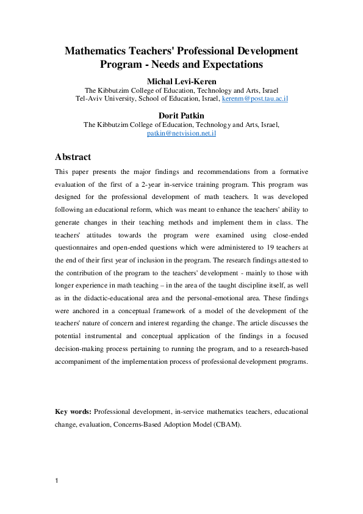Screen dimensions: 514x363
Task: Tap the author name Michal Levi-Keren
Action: coord(181,81)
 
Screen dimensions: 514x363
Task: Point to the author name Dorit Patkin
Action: coord(181,115)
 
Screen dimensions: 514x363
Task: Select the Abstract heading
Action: coord(73,157)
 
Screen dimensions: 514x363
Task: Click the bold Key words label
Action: coord(73,412)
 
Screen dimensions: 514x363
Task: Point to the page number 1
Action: coord(57,481)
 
